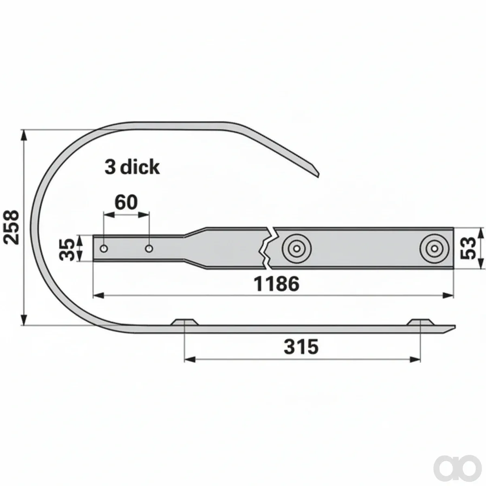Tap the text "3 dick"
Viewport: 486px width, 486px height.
point(132,167)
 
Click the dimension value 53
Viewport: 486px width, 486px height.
point(468,248)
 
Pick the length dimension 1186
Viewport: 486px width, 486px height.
point(277,284)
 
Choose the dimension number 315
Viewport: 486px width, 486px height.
point(301,347)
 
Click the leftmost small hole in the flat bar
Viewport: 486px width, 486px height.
point(104,249)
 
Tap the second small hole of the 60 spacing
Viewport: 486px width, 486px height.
point(149,249)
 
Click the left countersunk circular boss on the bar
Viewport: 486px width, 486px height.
point(296,249)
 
